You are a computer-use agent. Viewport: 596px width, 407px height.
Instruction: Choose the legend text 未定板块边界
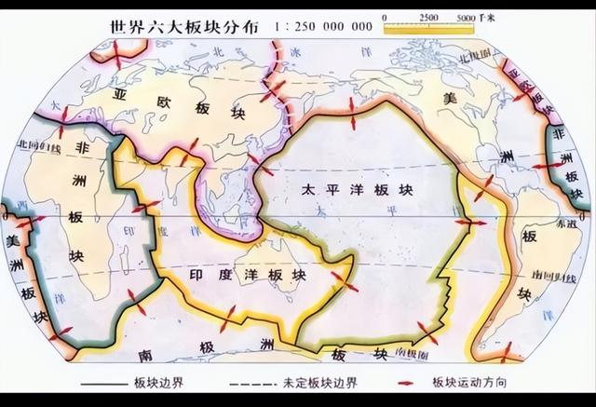tap(318, 384)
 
